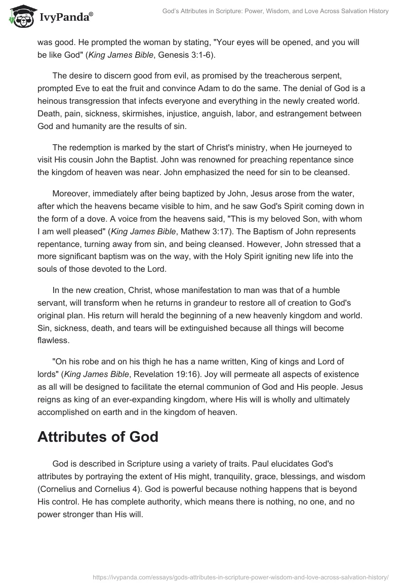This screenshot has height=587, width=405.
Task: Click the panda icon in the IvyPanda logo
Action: pyautogui.click(x=20, y=16)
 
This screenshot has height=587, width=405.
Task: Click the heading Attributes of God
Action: pyautogui.click(x=98, y=437)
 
